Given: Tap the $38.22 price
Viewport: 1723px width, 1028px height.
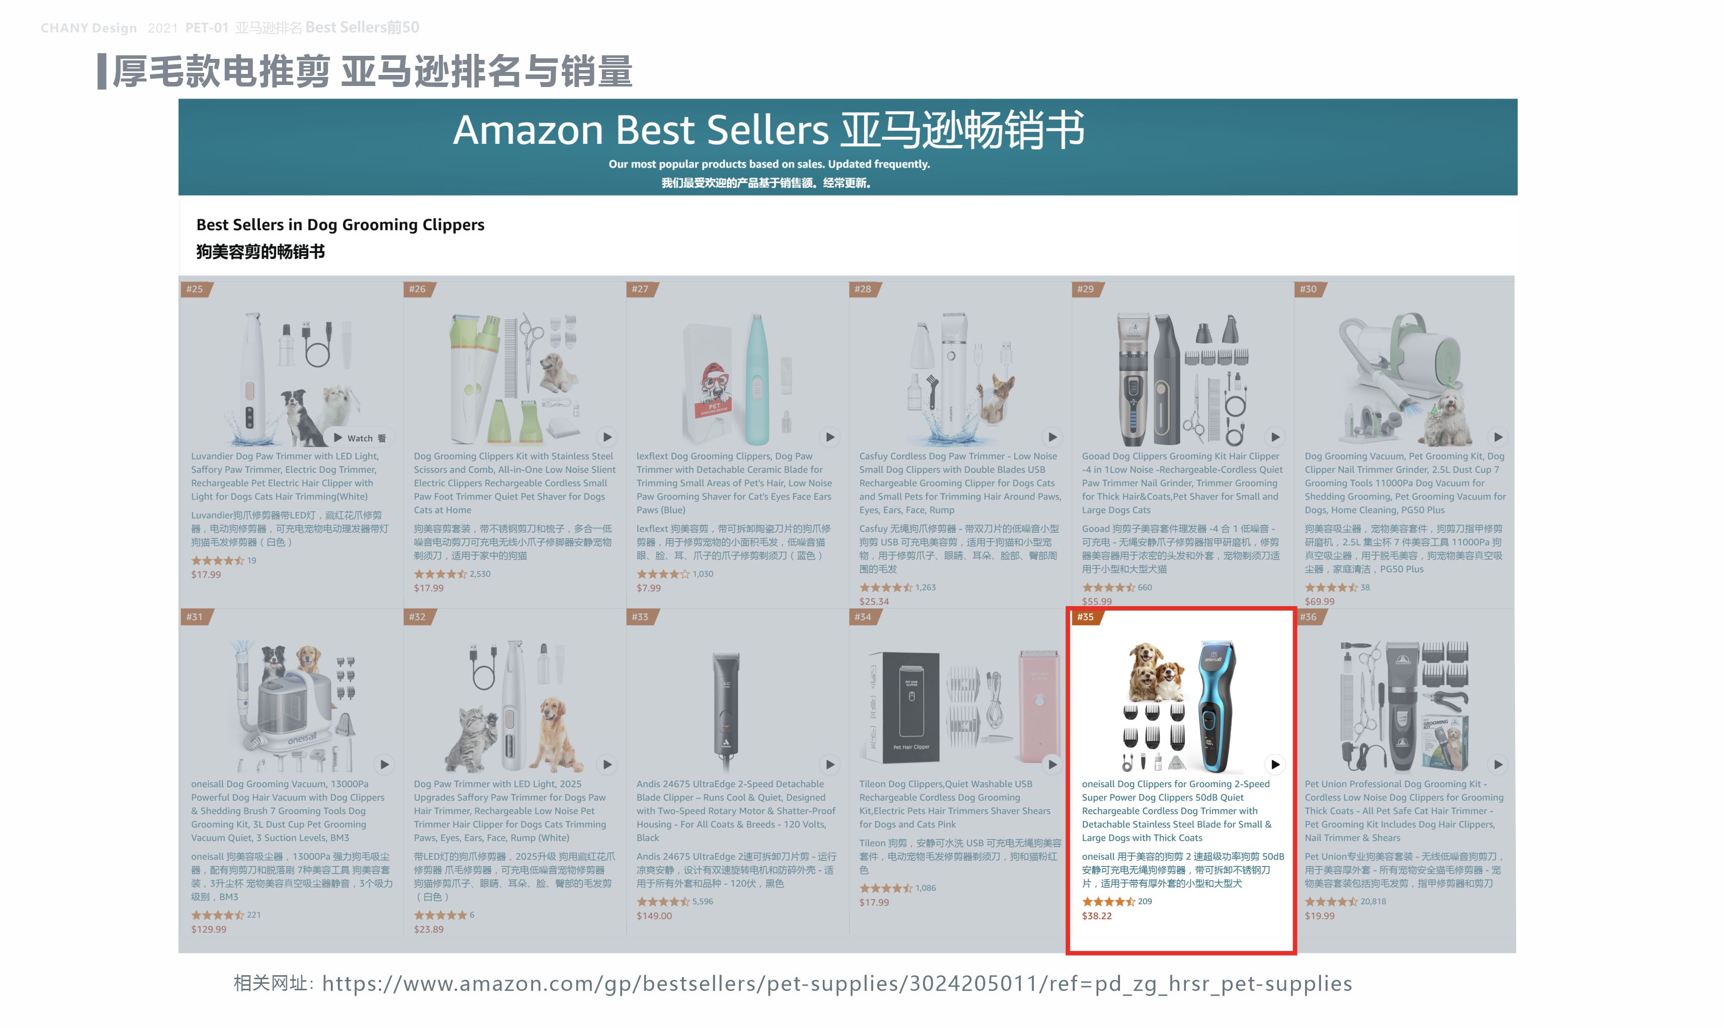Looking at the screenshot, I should pyautogui.click(x=1096, y=916).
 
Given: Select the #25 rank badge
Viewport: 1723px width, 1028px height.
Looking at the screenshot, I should pyautogui.click(x=195, y=289).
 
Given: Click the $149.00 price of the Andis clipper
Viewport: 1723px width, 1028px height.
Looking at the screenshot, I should pyautogui.click(x=654, y=916).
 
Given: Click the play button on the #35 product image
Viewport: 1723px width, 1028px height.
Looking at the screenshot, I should pyautogui.click(x=1275, y=764).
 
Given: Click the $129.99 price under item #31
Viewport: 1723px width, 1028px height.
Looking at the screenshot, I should pyautogui.click(x=208, y=929).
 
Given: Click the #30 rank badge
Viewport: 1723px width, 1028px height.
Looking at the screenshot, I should pyautogui.click(x=1308, y=289).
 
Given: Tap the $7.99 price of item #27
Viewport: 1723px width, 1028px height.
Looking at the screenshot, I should pyautogui.click(x=648, y=588).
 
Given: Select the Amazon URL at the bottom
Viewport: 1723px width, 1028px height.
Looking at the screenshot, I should pyautogui.click(x=836, y=984).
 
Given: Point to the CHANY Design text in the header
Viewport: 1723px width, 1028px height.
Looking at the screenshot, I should pyautogui.click(x=89, y=28).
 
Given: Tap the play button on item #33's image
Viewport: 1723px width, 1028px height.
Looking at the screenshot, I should pyautogui.click(x=830, y=764).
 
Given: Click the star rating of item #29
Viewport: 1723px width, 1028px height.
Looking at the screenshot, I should pyautogui.click(x=1108, y=587).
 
